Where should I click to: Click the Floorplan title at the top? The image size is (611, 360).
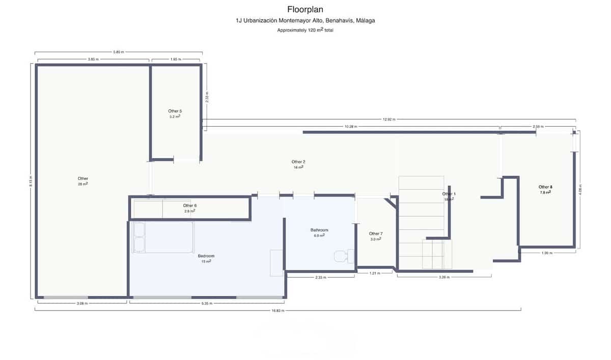coord(305,9)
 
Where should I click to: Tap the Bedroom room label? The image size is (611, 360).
coord(206,256)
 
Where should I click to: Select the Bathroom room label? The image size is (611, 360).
coord(319,230)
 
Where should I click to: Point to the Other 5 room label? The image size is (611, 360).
coord(175,111)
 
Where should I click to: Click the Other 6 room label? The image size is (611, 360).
coord(189,206)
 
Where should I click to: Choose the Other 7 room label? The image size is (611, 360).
coord(376,234)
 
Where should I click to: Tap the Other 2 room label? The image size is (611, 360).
coord(299,162)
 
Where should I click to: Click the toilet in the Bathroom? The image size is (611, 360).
coord(340,257)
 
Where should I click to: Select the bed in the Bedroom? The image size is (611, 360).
coord(162,237)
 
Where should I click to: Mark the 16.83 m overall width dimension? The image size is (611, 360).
coord(277,310)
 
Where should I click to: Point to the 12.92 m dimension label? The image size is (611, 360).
coord(390,120)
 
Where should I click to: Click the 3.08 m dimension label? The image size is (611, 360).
coord(82,303)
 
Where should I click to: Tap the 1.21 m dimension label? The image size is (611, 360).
coord(374,273)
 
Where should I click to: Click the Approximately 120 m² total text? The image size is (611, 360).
coord(305,31)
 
